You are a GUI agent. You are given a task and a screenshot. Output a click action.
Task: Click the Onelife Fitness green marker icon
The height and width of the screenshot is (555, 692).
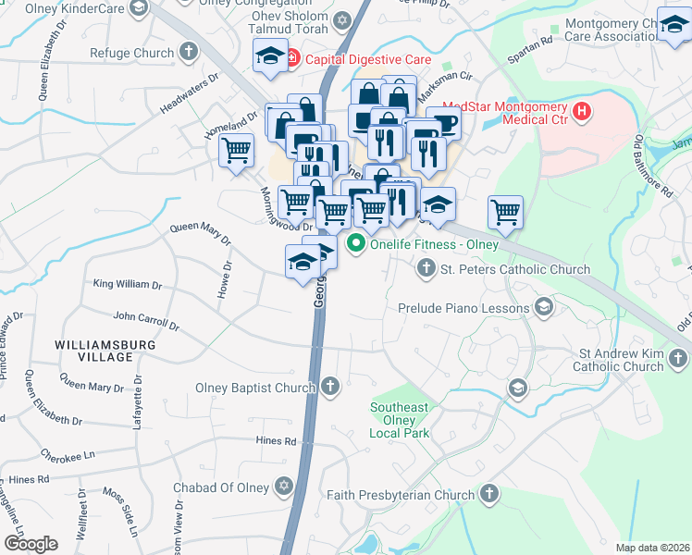click(x=355, y=245)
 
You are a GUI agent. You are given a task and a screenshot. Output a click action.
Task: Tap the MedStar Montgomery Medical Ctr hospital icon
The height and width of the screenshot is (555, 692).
click(x=582, y=113)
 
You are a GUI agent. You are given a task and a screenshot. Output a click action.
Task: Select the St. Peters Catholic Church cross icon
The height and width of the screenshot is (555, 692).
click(x=426, y=269)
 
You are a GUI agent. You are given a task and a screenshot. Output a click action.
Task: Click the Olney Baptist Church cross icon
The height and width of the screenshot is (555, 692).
click(x=329, y=385)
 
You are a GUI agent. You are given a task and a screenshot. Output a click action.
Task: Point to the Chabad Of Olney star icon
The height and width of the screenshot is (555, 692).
click(x=284, y=487)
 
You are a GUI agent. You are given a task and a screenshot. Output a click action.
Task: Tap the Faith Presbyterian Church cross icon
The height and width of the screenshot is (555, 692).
click(x=489, y=495)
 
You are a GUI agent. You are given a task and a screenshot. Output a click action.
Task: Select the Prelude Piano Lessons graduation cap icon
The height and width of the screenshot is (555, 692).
click(x=544, y=308)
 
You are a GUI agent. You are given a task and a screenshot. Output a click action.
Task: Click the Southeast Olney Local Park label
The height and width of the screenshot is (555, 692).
click(x=399, y=420)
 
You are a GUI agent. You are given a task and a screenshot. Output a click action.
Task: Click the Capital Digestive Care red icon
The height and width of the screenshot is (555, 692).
click(x=292, y=59)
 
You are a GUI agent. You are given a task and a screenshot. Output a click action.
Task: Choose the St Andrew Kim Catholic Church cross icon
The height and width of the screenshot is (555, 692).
click(x=678, y=357)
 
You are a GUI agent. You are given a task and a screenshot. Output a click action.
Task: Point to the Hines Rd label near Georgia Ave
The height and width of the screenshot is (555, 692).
click(x=278, y=441)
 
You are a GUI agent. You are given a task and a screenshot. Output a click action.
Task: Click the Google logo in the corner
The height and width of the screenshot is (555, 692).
click(x=31, y=543)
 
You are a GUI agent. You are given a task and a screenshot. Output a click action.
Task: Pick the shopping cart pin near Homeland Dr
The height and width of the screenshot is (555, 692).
click(x=236, y=149)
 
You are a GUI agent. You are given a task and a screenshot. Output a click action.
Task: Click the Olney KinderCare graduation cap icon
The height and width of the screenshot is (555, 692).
click(x=139, y=8)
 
